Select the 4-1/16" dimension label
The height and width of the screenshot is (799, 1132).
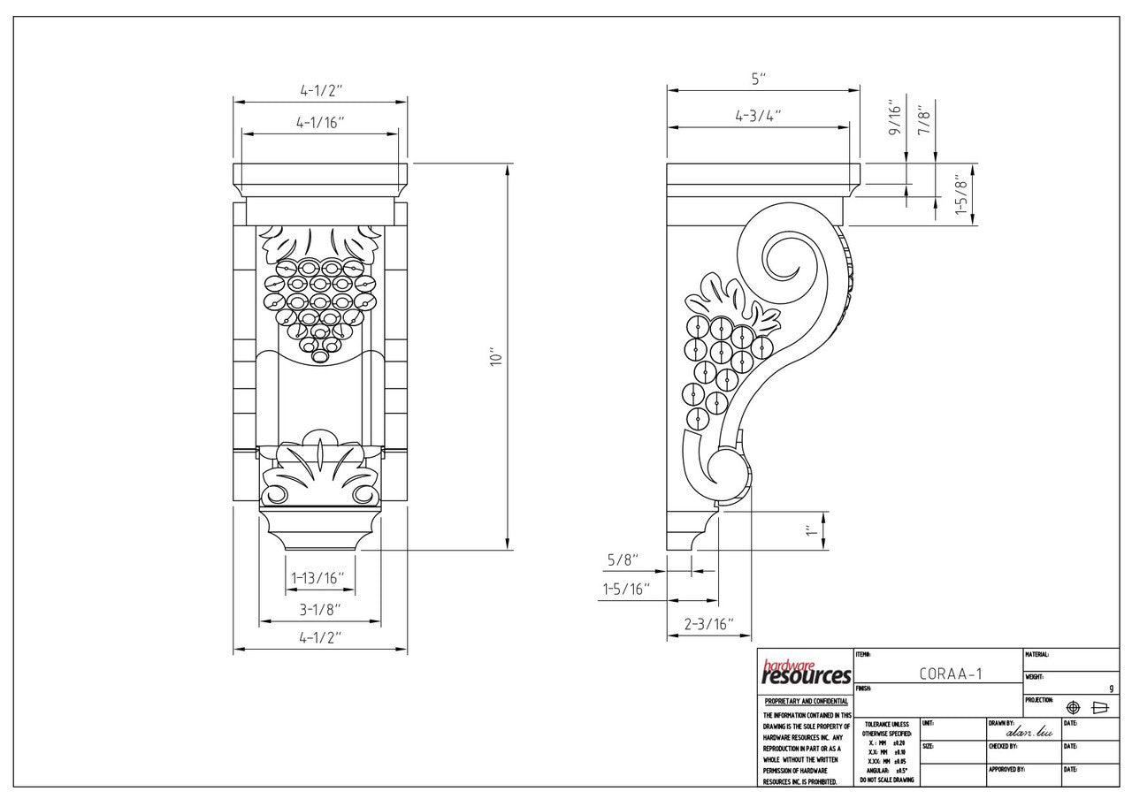pyautogui.click(x=320, y=123)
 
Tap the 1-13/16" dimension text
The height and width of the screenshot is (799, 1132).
pyautogui.click(x=317, y=578)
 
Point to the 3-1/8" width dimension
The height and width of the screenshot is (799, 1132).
pyautogui.click(x=319, y=609)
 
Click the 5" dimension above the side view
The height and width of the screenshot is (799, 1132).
pyautogui.click(x=759, y=80)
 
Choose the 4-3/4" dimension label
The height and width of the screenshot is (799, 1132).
pyautogui.click(x=758, y=116)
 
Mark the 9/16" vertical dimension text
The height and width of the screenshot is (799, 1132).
pyautogui.click(x=895, y=118)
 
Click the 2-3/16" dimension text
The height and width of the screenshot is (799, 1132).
pyautogui.click(x=709, y=624)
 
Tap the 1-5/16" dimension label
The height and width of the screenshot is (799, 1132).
pyautogui.click(x=626, y=589)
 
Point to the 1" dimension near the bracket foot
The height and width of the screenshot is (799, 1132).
pyautogui.click(x=809, y=530)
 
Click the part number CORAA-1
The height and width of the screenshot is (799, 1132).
pyautogui.click(x=951, y=673)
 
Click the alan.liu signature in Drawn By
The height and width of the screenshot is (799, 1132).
pyautogui.click(x=1023, y=731)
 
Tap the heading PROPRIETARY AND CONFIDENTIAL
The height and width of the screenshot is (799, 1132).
pyautogui.click(x=806, y=701)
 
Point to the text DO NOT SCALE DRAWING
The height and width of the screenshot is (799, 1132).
pyautogui.click(x=885, y=780)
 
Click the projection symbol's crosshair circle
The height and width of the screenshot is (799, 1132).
pyautogui.click(x=1074, y=707)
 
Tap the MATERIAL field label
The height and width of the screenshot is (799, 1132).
pyautogui.click(x=1036, y=655)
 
